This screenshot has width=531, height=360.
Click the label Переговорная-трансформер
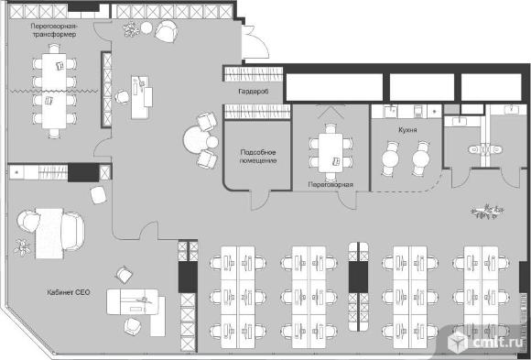(x=54, y=30)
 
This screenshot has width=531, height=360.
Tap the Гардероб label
(x=254, y=92)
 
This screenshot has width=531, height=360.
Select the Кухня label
(x=407, y=130)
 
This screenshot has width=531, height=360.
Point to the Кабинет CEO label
(x=69, y=292)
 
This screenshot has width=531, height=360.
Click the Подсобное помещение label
(x=258, y=157)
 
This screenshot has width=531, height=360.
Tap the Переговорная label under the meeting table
(x=331, y=185)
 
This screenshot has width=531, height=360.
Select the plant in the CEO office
(x=22, y=247)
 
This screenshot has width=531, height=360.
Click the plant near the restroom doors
(x=487, y=212)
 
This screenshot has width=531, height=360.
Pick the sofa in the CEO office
(x=73, y=232)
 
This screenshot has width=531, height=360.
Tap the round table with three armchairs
(x=197, y=139)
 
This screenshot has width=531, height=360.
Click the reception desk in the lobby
(x=142, y=97)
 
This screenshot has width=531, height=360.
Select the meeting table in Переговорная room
(x=331, y=153)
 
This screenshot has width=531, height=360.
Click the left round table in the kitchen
(x=390, y=158)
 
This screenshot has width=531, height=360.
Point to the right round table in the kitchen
(x=421, y=158)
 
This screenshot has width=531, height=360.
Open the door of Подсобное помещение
(x=260, y=200)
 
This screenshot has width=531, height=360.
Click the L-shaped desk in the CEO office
(x=136, y=309)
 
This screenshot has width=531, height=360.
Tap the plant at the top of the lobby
(x=131, y=29)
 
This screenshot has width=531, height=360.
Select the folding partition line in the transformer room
(x=54, y=91)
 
